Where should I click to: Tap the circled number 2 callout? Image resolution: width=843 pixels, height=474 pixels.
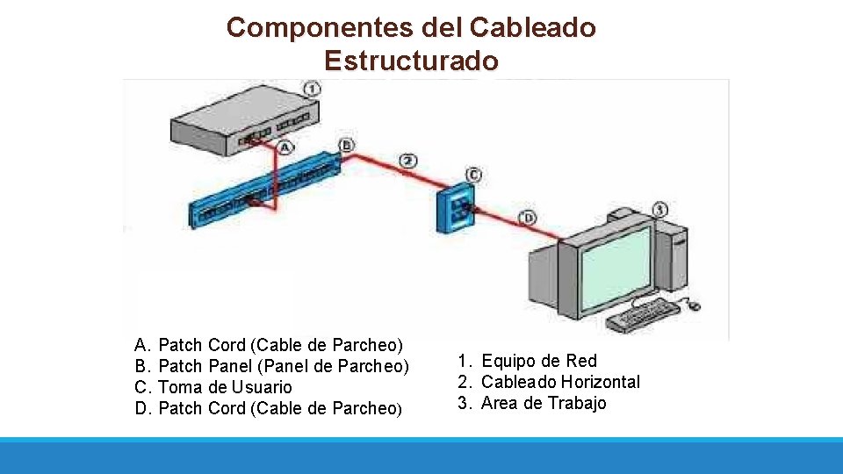coord(407,161)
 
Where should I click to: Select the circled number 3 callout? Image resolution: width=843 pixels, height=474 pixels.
coord(659,210)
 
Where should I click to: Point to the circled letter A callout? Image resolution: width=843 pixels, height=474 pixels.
coord(285,147)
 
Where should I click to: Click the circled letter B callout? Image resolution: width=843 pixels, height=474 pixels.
coord(347,145)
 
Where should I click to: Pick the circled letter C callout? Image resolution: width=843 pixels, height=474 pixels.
coord(474,174)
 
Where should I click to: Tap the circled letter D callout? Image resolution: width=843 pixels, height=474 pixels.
coord(528,217)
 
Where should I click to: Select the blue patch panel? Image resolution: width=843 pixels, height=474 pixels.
coord(263,190)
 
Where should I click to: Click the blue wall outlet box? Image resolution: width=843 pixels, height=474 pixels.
coord(458,210)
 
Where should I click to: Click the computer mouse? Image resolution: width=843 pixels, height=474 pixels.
coord(693,305)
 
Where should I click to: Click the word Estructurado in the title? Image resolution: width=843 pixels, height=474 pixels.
coord(411,61)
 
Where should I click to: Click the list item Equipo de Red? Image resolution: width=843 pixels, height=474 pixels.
coord(538,361)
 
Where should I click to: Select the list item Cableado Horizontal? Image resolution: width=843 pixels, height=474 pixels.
coord(559,382)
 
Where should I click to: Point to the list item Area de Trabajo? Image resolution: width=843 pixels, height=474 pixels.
coord(543,403)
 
